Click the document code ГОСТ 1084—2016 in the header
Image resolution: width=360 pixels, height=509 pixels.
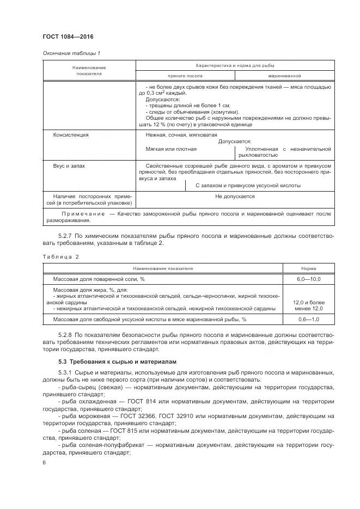point(68,36)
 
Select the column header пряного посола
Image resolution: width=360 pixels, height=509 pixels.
point(186,76)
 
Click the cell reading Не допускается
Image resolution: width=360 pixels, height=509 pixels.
point(235,197)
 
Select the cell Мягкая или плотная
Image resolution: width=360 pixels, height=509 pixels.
point(171,149)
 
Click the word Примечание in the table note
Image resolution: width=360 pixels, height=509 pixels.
point(79,214)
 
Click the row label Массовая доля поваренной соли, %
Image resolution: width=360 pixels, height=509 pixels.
point(98,279)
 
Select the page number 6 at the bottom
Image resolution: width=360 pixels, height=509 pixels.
point(44,462)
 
